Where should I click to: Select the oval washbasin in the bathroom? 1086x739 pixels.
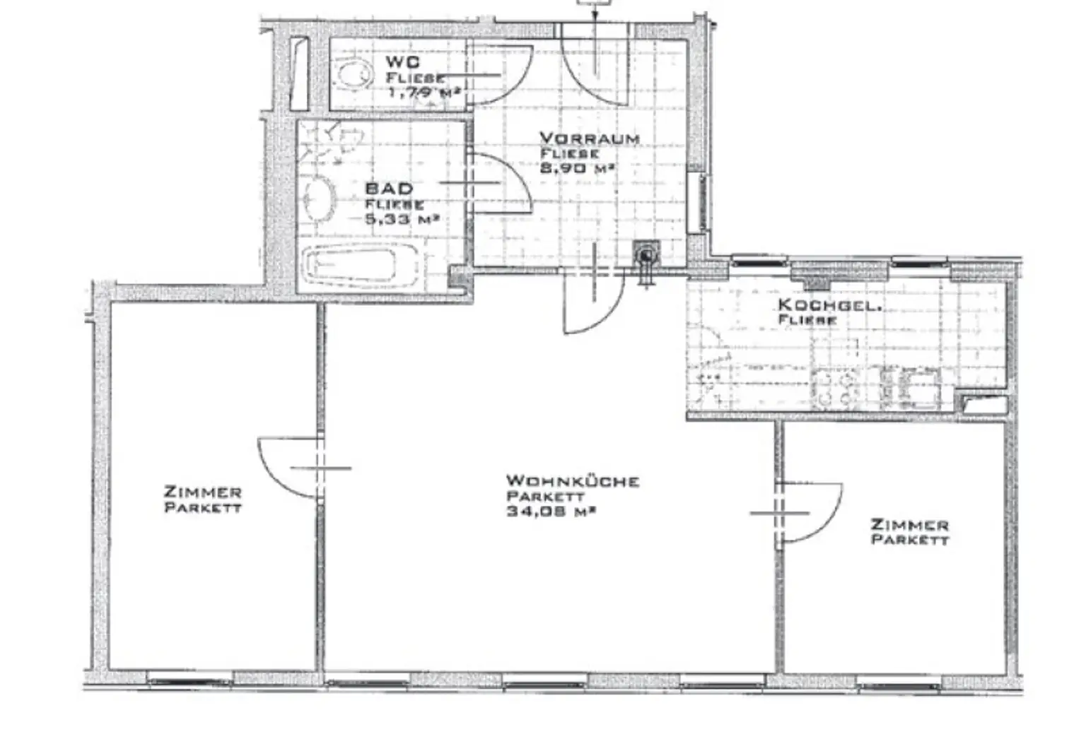click(320, 198)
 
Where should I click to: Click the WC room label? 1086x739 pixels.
click(402, 62)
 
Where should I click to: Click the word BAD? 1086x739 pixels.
click(389, 189)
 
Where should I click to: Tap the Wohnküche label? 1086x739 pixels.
click(573, 481)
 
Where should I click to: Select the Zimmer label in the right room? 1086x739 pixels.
click(909, 524)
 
